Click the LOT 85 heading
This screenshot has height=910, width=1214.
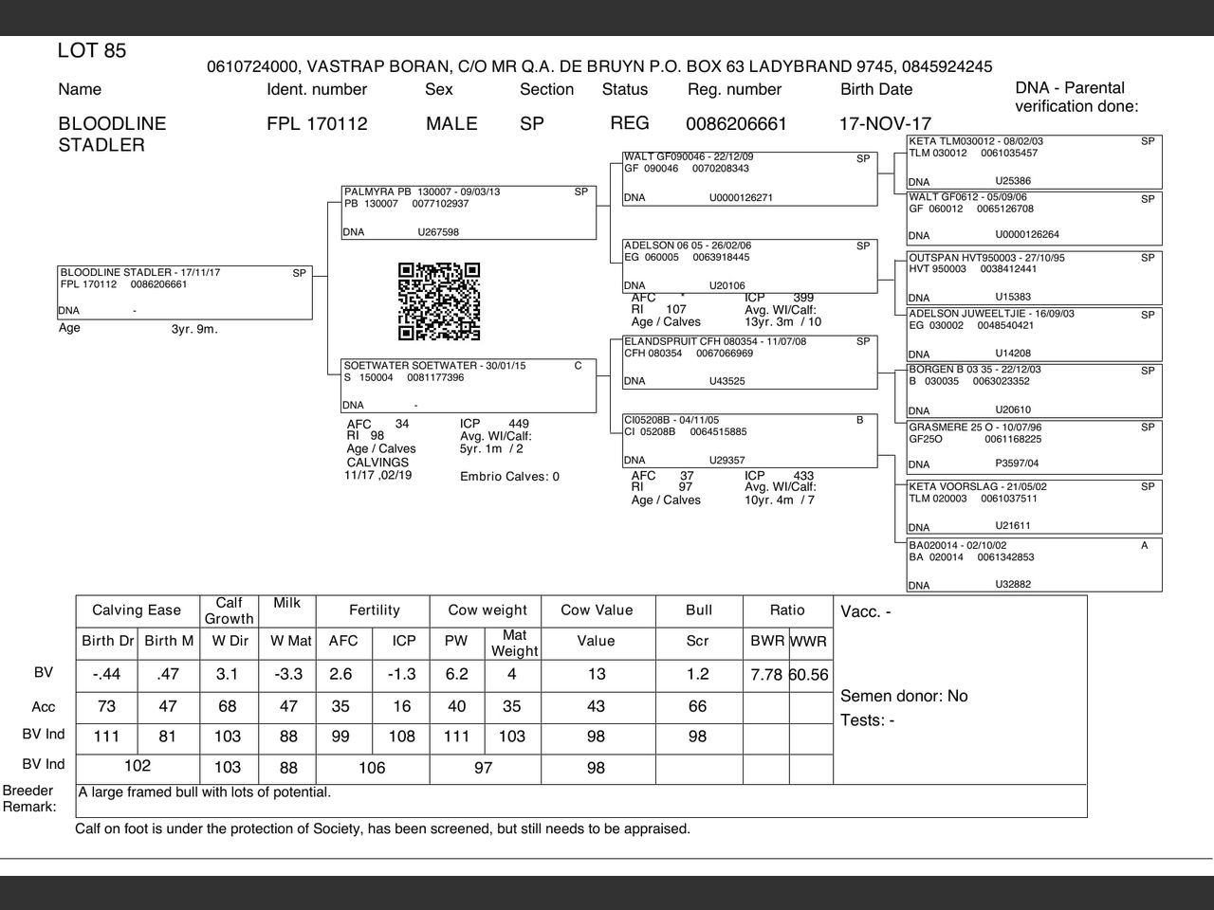pyautogui.click(x=92, y=51)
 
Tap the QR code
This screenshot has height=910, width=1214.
pyautogui.click(x=439, y=301)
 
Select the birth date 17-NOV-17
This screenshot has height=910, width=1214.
pyautogui.click(x=885, y=124)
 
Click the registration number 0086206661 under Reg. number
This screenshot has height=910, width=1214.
pyautogui.click(x=736, y=124)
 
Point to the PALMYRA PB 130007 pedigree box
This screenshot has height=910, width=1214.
pyautogui.click(x=469, y=212)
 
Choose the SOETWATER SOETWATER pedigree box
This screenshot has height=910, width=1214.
pyautogui.click(x=469, y=385)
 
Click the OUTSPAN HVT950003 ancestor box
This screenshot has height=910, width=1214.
pyautogui.click(x=1034, y=278)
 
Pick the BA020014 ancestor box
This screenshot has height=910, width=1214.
pyautogui.click(x=1034, y=565)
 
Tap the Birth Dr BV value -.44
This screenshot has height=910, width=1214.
pyautogui.click(x=106, y=674)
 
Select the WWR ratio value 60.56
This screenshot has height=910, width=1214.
pyautogui.click(x=809, y=675)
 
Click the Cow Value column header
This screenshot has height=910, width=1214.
pyautogui.click(x=597, y=610)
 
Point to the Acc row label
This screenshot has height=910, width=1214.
pyautogui.click(x=44, y=707)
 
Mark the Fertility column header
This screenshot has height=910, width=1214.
pyautogui.click(x=375, y=610)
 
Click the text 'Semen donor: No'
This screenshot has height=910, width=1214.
pyautogui.click(x=904, y=696)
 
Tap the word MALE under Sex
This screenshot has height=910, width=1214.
pyautogui.click(x=451, y=124)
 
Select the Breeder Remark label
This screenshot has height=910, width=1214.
pyautogui.click(x=28, y=799)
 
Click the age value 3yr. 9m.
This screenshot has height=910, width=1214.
pyautogui.click(x=193, y=330)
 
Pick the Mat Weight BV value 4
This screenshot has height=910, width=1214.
pyautogui.click(x=512, y=674)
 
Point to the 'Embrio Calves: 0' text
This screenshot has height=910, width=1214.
pyautogui.click(x=509, y=477)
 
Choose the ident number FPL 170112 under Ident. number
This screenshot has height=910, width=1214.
pyautogui.click(x=317, y=124)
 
